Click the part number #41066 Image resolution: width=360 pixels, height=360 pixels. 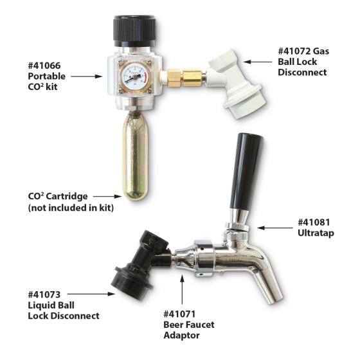coord(47,64)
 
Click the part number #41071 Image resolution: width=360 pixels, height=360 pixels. coord(183,314)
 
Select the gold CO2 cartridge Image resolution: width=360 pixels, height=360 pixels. coord(136,161)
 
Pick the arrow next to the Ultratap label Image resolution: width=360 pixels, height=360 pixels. coord(276,227)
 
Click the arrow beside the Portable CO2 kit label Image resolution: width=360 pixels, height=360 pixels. coord(86,76)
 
